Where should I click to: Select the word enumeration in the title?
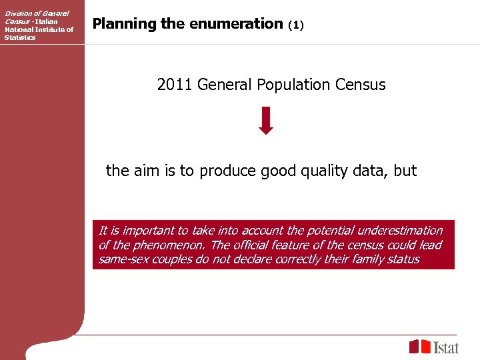pyautogui.click(x=237, y=24)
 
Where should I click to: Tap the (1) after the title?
pyautogui.click(x=296, y=25)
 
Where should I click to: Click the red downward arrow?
pyautogui.click(x=266, y=120)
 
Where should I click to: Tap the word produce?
pyautogui.click(x=227, y=171)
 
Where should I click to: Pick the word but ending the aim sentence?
pyautogui.click(x=405, y=171)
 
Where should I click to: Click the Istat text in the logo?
pyautogui.click(x=446, y=347)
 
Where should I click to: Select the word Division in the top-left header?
pyautogui.click(x=19, y=14)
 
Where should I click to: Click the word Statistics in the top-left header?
pyautogui.click(x=20, y=37)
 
